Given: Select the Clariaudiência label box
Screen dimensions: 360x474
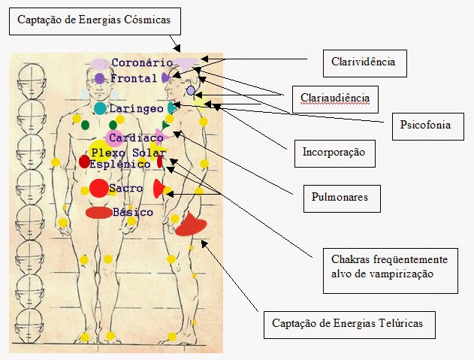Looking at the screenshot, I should click(335, 98).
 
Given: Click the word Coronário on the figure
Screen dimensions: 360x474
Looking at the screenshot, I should click(142, 63).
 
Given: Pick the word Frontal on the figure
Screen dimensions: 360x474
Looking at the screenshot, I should click(134, 78).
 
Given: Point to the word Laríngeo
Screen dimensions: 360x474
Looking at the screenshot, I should click(136, 109).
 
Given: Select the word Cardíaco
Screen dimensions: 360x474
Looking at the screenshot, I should click(136, 138).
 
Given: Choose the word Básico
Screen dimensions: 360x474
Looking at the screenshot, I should click(133, 213).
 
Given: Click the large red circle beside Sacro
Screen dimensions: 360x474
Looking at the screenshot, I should click(99, 188).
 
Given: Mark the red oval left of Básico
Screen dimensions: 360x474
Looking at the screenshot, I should click(98, 213).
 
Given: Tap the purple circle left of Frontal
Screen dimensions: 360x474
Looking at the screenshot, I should click(100, 78).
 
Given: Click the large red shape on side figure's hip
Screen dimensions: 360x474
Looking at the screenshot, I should click(189, 224).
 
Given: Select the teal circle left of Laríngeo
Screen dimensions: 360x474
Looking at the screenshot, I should click(100, 109).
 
